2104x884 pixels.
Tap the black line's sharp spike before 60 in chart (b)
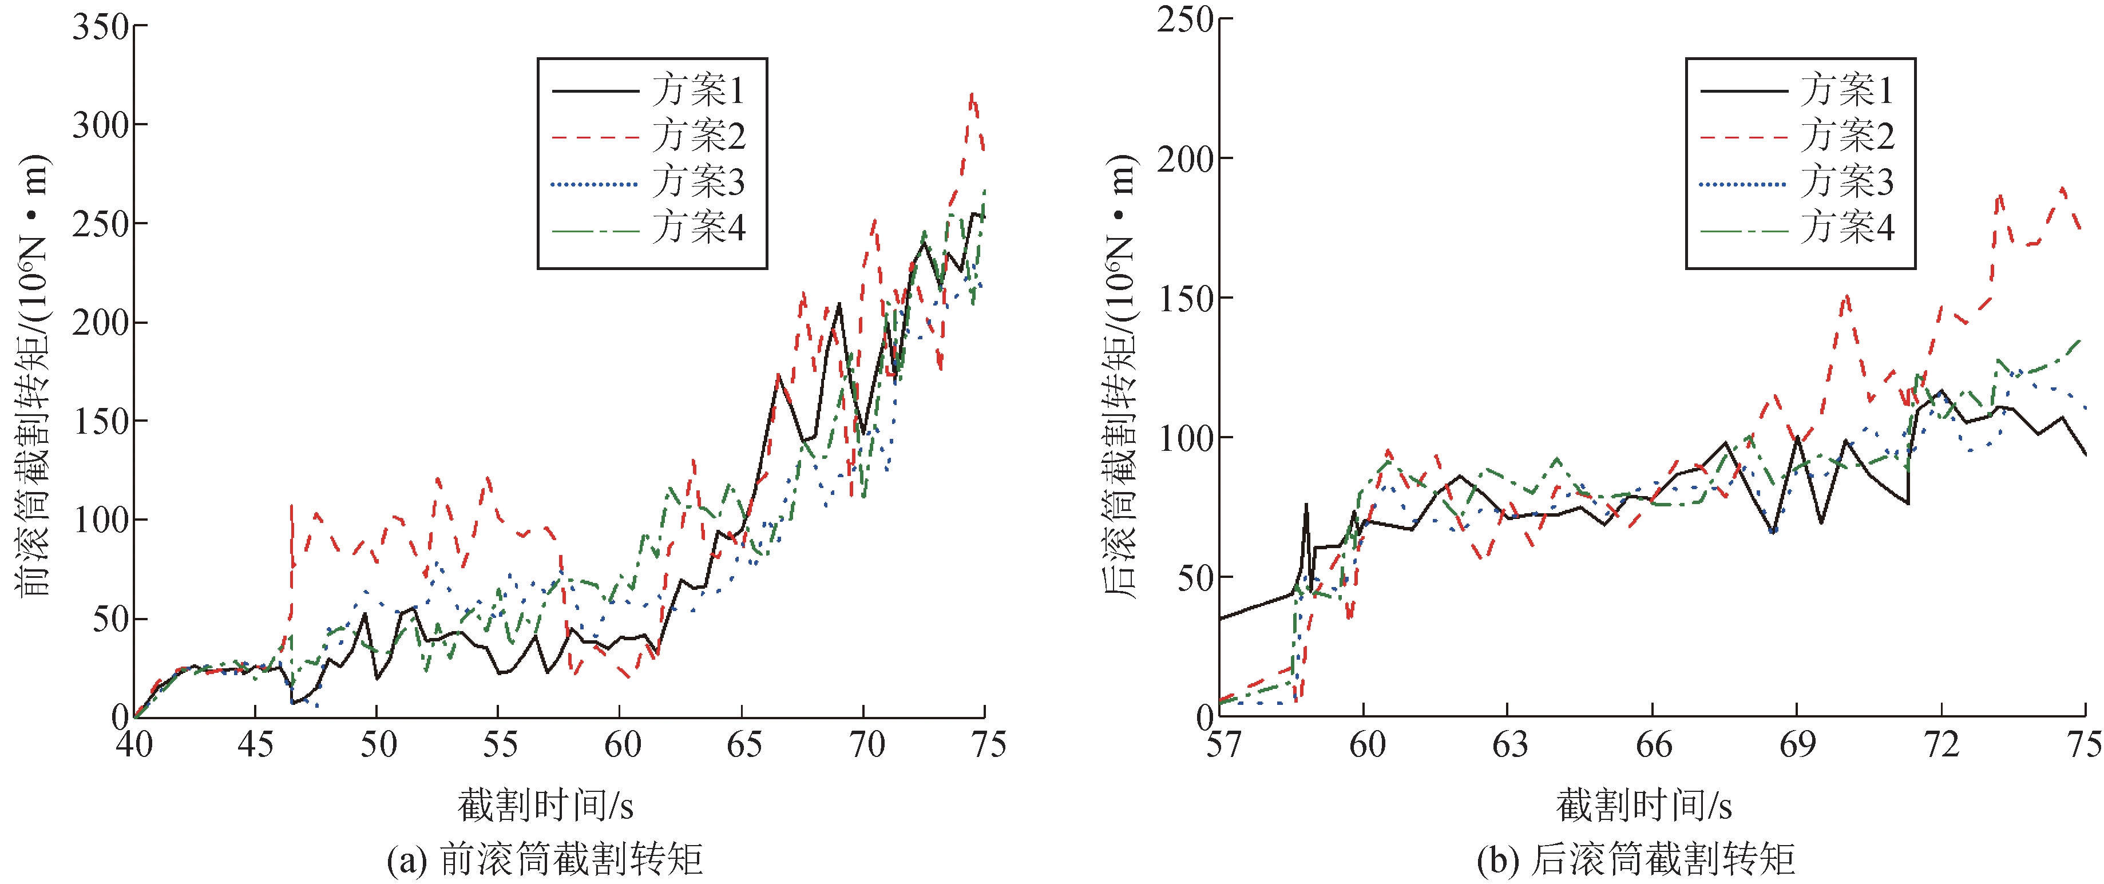click(x=1306, y=505)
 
